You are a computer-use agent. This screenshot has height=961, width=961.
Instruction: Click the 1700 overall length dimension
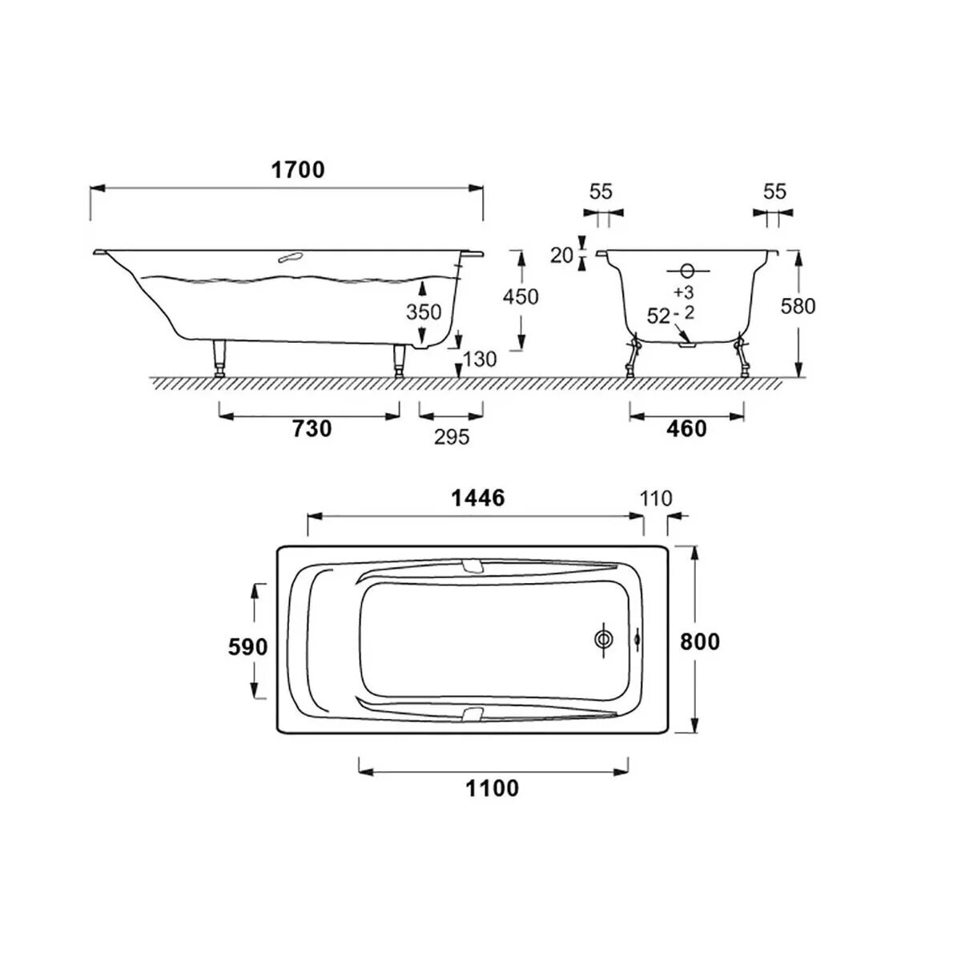pyautogui.click(x=298, y=170)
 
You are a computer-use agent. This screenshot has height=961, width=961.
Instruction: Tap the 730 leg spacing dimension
pyautogui.click(x=312, y=429)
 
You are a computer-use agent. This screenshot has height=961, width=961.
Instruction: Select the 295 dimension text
pyautogui.click(x=452, y=437)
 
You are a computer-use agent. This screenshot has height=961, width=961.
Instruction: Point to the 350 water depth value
pyautogui.click(x=424, y=312)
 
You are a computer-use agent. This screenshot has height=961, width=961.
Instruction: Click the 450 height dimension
pyautogui.click(x=521, y=297)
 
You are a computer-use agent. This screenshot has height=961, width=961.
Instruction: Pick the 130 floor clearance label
pyautogui.click(x=480, y=359)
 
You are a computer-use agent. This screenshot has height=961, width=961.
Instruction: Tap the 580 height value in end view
pyautogui.click(x=798, y=306)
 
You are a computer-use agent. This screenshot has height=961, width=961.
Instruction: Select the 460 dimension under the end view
pyautogui.click(x=686, y=429)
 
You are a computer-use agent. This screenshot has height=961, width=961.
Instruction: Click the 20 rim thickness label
pyautogui.click(x=561, y=255)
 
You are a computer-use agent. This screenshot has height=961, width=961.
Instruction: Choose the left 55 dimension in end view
pyautogui.click(x=601, y=191)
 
